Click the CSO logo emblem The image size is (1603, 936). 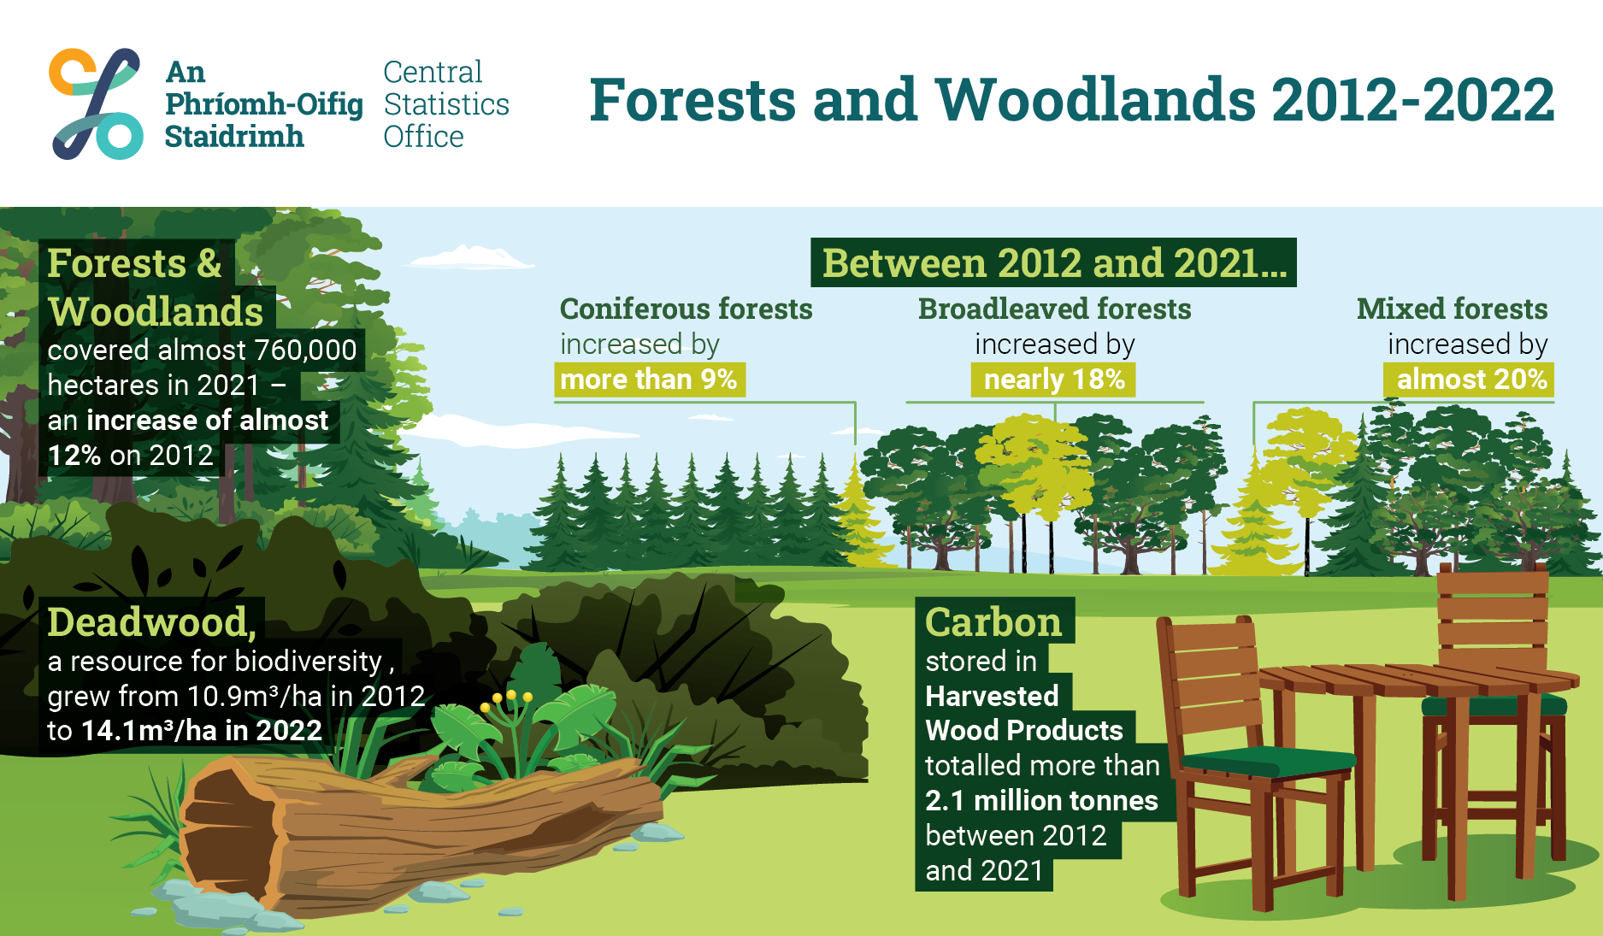[x=96, y=103]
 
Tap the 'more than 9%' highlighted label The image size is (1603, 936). [x=650, y=380]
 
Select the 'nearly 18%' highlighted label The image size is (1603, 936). [x=1053, y=380]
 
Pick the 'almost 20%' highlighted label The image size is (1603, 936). [x=1469, y=380]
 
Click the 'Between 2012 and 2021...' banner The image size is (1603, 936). [x=1053, y=262]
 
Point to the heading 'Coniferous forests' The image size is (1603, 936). [x=686, y=309]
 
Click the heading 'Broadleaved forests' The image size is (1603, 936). [x=1054, y=309]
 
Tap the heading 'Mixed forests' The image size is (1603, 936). [x=1452, y=309]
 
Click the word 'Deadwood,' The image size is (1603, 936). [x=152, y=621]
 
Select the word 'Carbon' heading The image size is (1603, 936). [x=993, y=621]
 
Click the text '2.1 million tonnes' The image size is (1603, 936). [x=1041, y=800]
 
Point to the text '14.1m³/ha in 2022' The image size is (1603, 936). [x=202, y=730]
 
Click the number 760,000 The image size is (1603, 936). [x=305, y=350]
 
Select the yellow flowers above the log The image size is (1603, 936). [x=506, y=701]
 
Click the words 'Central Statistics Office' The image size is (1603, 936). [x=445, y=104]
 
